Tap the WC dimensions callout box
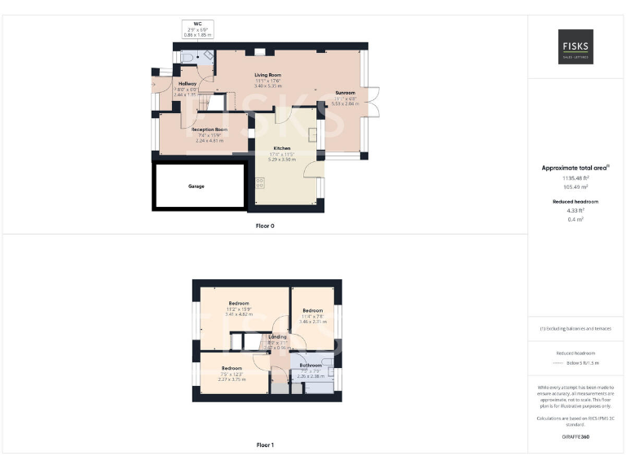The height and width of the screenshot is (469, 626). click(x=197, y=29)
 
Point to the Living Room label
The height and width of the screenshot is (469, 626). click(x=267, y=75)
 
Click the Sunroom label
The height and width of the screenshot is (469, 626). click(x=345, y=93)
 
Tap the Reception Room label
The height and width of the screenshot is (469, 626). click(x=209, y=129)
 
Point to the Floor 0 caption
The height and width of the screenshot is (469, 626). click(x=265, y=226)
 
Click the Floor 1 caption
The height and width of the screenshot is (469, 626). click(x=265, y=445)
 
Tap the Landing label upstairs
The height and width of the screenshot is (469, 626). click(x=277, y=336)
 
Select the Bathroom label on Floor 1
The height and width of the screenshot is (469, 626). click(x=311, y=365)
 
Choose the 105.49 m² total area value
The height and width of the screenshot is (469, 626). click(x=575, y=186)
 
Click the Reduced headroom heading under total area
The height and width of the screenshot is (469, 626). click(x=575, y=201)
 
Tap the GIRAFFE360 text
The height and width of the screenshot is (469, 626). click(x=575, y=437)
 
